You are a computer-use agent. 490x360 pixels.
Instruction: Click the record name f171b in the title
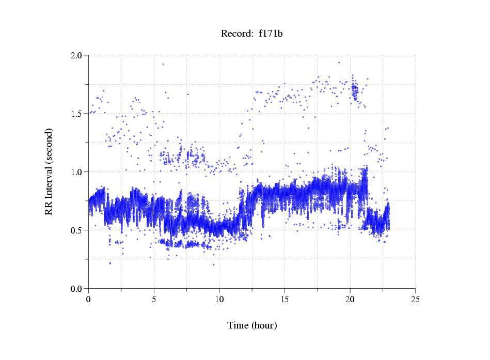coord(271,34)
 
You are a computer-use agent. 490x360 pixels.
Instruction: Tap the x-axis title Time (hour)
coord(252,325)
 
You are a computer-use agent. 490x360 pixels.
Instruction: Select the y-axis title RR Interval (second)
coord(49,171)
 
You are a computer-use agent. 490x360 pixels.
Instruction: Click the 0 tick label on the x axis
coord(88,299)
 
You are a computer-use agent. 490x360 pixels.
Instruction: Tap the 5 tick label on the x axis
coord(154,299)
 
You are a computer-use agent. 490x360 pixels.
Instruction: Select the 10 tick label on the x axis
coord(219,299)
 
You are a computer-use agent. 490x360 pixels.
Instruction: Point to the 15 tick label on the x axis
coord(284,299)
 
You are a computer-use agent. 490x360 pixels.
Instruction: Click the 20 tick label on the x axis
coord(350,299)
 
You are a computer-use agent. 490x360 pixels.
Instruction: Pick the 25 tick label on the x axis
coord(415,299)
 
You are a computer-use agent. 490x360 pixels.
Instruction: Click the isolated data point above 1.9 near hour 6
coord(163,64)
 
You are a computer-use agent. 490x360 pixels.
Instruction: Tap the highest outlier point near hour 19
coord(339,62)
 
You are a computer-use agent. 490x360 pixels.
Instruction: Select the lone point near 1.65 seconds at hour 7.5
coord(188,94)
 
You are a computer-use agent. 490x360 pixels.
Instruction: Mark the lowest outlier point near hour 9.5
coord(214,264)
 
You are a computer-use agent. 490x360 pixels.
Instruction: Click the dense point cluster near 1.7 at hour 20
coord(354,90)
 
